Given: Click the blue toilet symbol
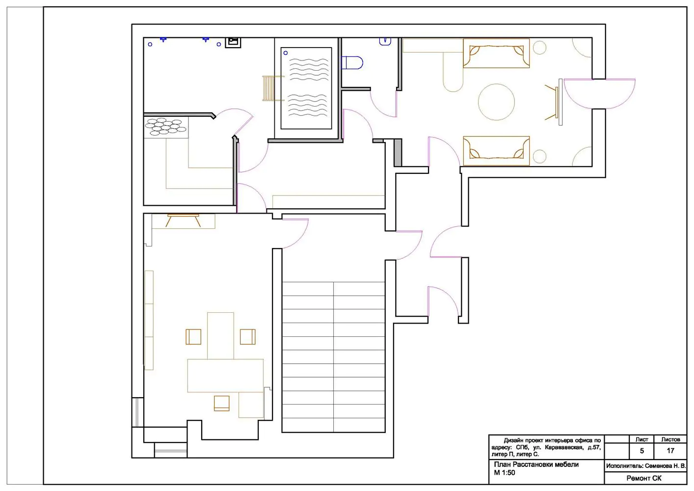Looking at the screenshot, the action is tap(352, 63).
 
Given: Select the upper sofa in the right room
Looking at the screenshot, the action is tap(496, 53).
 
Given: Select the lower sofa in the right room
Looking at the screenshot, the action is tap(496, 151).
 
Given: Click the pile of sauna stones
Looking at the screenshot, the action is tap(166, 127).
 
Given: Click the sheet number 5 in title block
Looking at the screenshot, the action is tap(642, 451).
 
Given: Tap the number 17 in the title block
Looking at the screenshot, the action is tap(670, 451).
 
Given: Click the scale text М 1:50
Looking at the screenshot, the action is tap(505, 473).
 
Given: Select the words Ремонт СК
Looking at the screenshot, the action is tap(644, 478).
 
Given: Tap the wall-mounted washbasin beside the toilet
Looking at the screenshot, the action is tap(385, 42).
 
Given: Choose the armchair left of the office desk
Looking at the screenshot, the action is tap(193, 337).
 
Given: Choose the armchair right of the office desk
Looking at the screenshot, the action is tap(247, 337).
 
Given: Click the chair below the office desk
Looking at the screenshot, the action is tap(221, 403).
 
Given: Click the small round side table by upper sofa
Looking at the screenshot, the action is tap(539, 48).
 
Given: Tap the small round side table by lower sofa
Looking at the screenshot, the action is tap(539, 156).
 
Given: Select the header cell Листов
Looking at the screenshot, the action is tap(670, 439).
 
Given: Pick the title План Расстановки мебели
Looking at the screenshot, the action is tap(536, 464).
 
